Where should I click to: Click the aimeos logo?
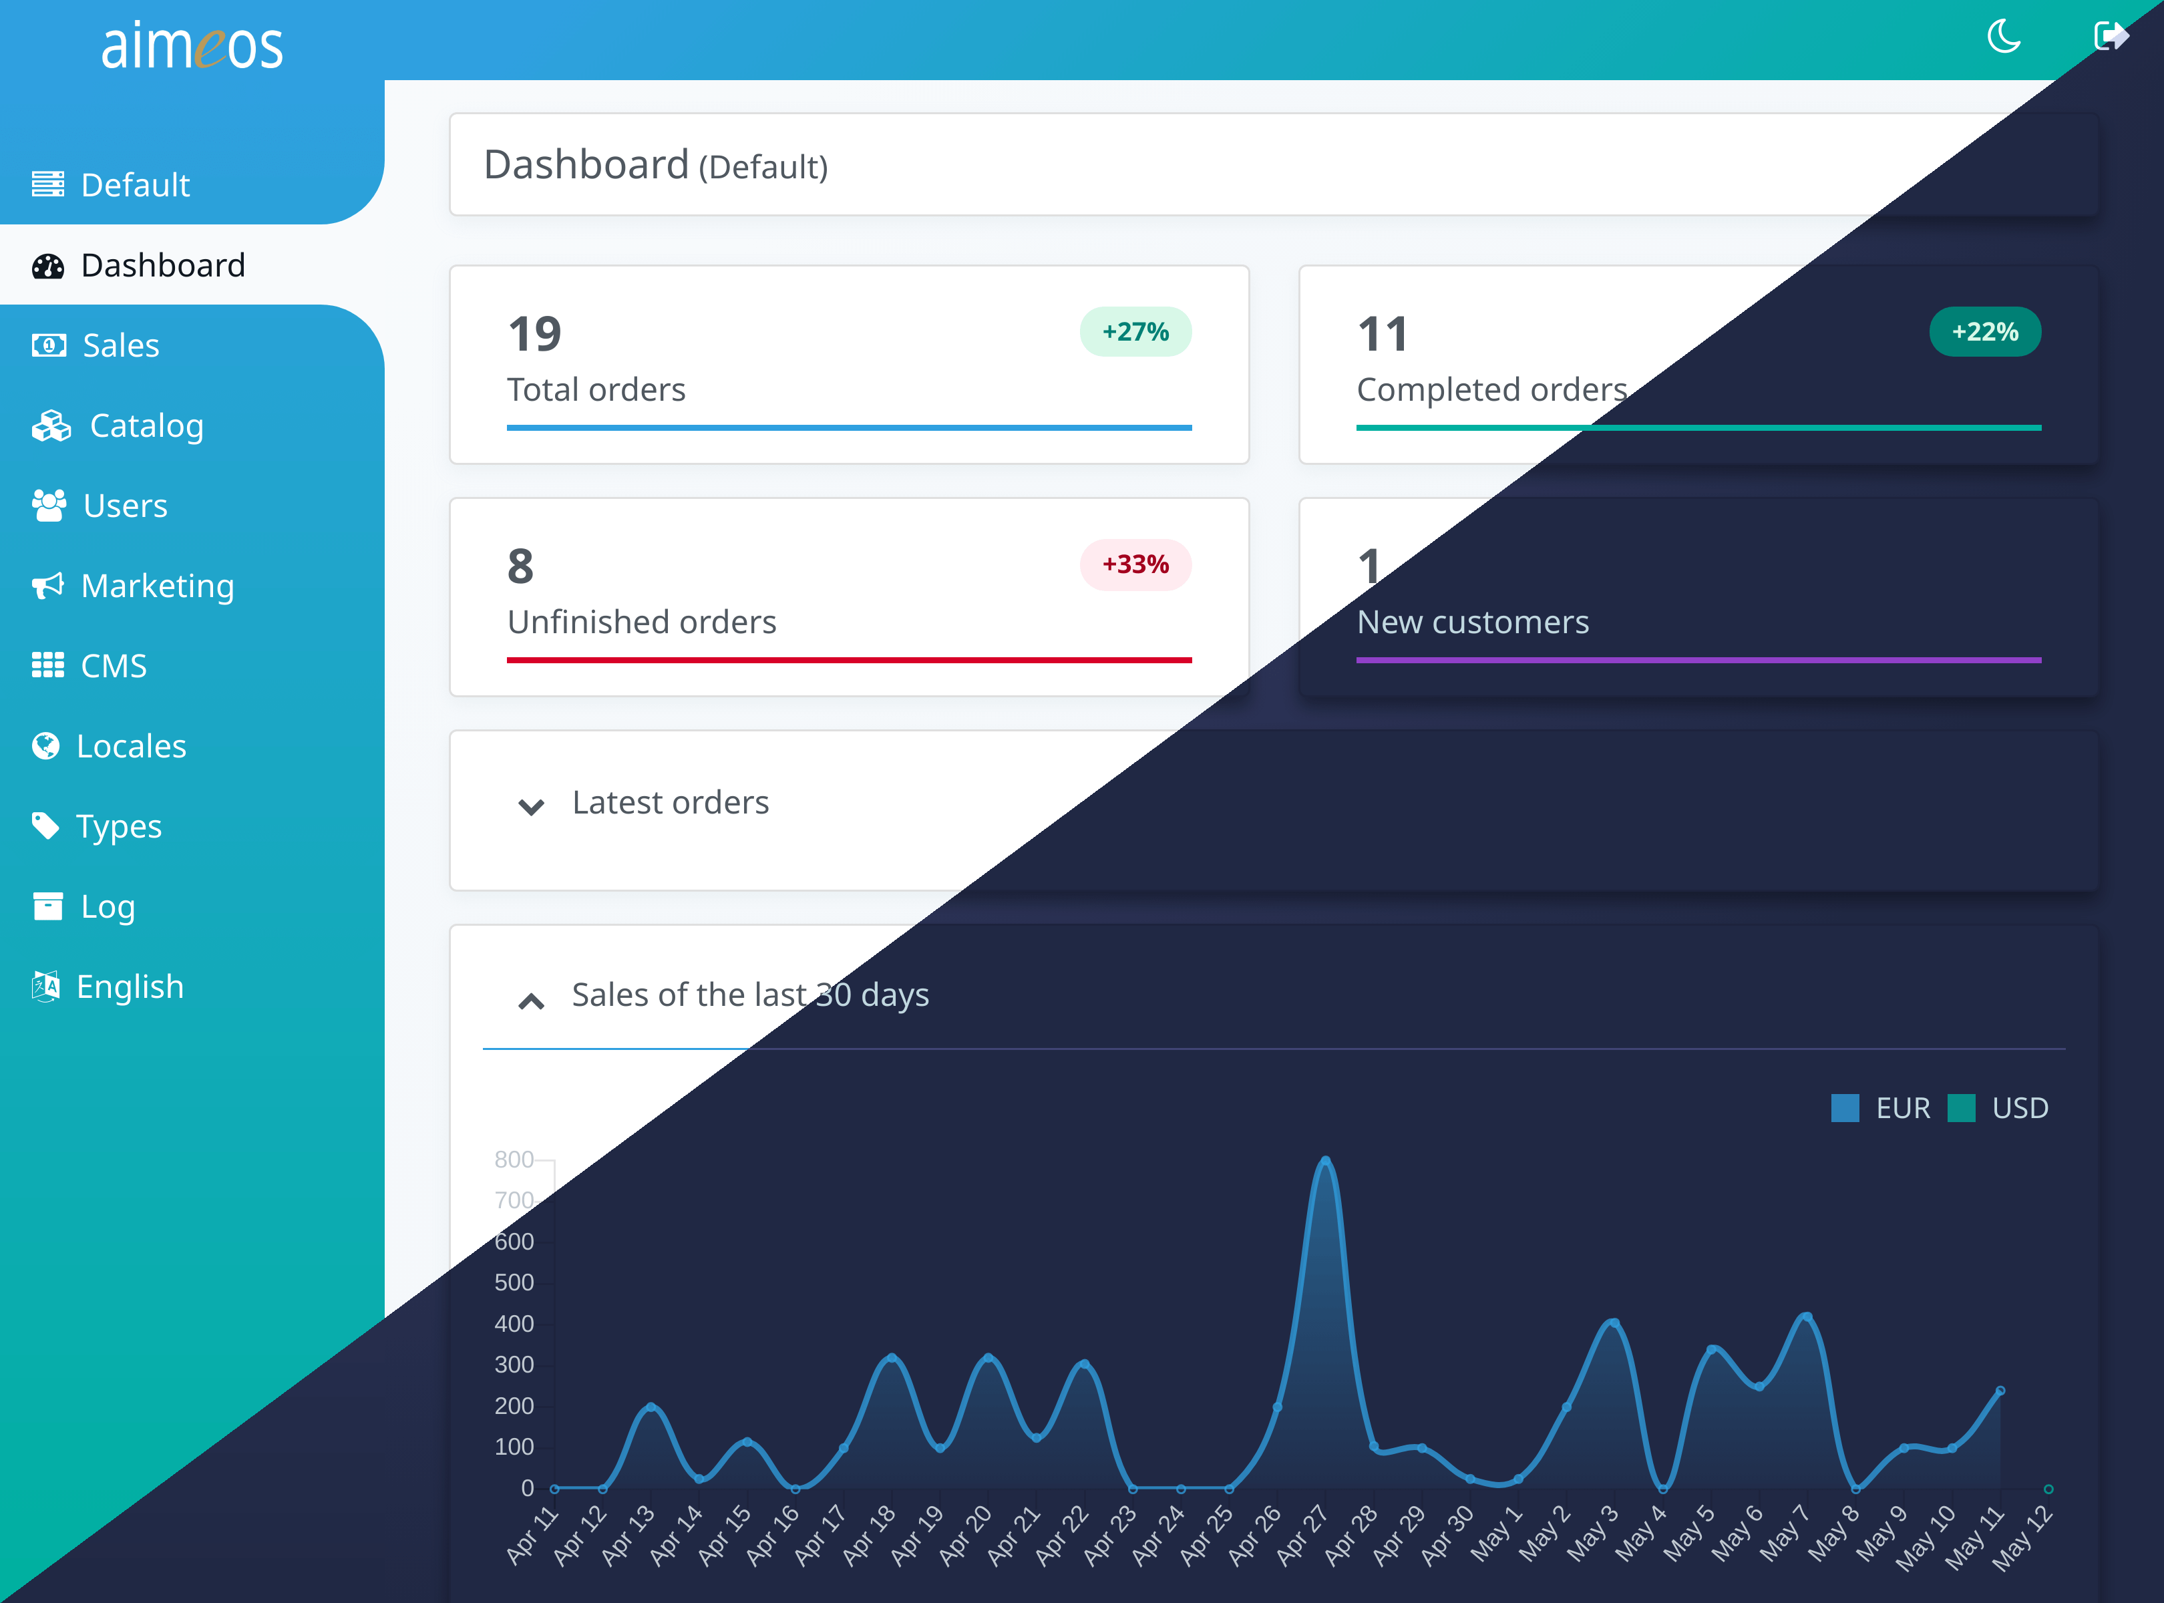coord(192,45)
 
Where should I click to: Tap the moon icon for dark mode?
coord(2004,37)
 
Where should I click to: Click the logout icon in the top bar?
coord(2111,37)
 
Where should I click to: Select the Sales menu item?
coord(120,345)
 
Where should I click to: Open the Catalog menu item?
coord(146,426)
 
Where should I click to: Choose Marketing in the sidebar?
coord(157,586)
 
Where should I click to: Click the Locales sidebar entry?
coord(131,746)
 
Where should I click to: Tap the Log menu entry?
coord(108,906)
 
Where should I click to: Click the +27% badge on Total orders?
coord(1135,332)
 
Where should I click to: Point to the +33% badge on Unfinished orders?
coord(1135,565)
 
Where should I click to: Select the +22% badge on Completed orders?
coord(1984,332)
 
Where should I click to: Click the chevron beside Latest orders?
coord(531,806)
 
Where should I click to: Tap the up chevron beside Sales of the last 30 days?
coord(531,1001)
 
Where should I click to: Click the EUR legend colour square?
coord(1845,1108)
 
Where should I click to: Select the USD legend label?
coord(2020,1108)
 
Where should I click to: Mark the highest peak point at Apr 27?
coord(1326,1161)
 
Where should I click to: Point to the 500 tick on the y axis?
coord(514,1283)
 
